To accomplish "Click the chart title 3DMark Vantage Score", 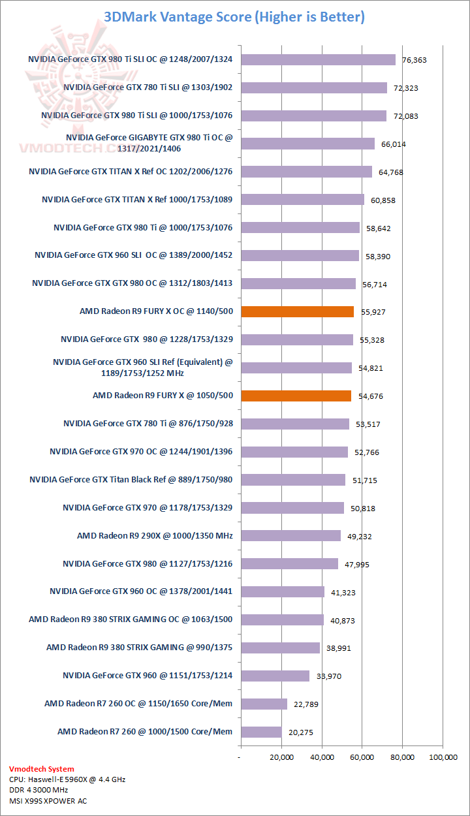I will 234,17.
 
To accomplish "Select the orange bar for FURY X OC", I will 298,311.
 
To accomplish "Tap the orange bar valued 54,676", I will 296,396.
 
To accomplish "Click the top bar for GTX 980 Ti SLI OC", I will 319,59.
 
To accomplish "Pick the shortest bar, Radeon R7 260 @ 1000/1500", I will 261,732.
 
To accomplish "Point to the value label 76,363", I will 414,60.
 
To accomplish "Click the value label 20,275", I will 300,732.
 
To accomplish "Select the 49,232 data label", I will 359,536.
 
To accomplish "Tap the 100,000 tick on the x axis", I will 443,757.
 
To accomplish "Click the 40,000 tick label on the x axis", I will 322,757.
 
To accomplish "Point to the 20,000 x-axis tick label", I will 281,757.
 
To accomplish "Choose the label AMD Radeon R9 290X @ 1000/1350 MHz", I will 155,535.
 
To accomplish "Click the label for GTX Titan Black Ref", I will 131,479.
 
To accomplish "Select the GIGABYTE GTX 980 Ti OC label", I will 149,143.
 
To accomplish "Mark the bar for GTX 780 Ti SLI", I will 314,87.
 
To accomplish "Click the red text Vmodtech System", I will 42,769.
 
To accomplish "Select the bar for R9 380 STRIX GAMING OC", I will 283,620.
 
